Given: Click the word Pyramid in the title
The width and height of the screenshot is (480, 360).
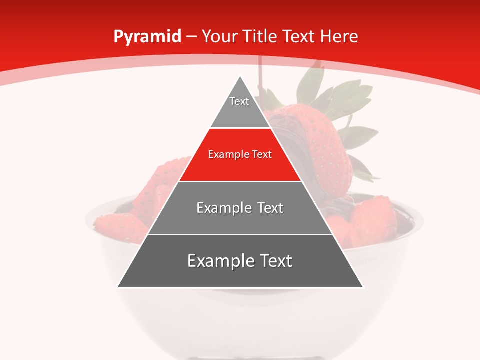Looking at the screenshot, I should [x=147, y=37].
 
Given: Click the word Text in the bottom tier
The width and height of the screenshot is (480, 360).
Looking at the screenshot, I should [x=273, y=261].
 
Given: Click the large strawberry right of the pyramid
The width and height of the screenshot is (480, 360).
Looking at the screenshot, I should [x=327, y=150].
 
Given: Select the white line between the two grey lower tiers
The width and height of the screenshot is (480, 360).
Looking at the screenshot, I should [x=240, y=234].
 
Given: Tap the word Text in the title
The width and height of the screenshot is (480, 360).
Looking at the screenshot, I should [x=298, y=37].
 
